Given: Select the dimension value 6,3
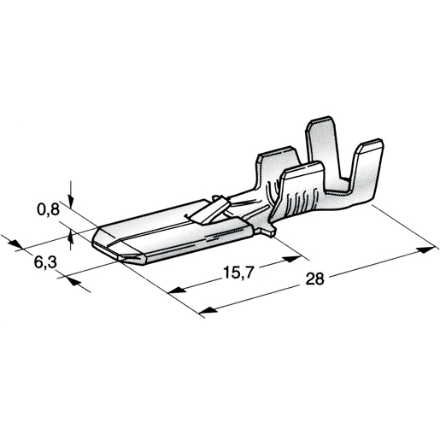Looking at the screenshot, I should (x=47, y=265).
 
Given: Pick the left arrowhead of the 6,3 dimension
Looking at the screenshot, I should (x=16, y=244).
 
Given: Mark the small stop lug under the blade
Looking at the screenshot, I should (x=268, y=230).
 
